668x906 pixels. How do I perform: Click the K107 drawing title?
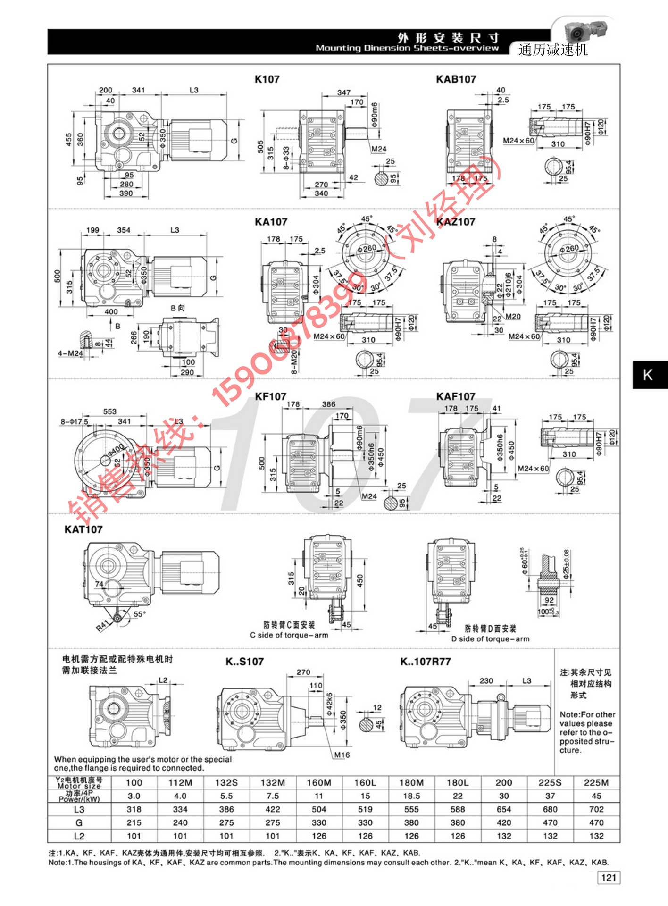tap(267, 79)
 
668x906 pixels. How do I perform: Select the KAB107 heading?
tap(456, 79)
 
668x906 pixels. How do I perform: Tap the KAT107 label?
tap(83, 529)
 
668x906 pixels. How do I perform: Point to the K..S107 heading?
tap(244, 662)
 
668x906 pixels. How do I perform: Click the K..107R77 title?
tap(425, 662)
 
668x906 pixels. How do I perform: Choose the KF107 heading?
tap(270, 396)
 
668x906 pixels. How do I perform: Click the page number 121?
tap(609, 878)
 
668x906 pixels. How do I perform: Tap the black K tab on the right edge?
tap(649, 375)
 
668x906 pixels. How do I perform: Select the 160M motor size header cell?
tap(319, 783)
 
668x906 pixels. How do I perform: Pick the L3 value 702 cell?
tap(596, 809)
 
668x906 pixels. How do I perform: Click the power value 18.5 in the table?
tap(411, 796)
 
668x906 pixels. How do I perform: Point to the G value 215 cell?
tap(134, 822)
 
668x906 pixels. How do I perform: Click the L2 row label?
tap(79, 836)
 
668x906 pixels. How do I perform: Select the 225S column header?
tap(550, 783)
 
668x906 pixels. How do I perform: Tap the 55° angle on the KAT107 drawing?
tap(140, 614)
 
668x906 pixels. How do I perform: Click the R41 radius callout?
tap(102, 626)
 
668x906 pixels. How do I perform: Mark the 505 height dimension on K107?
tap(260, 147)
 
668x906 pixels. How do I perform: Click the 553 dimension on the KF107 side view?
tap(109, 411)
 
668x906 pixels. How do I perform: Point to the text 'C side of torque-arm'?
tap(289, 635)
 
